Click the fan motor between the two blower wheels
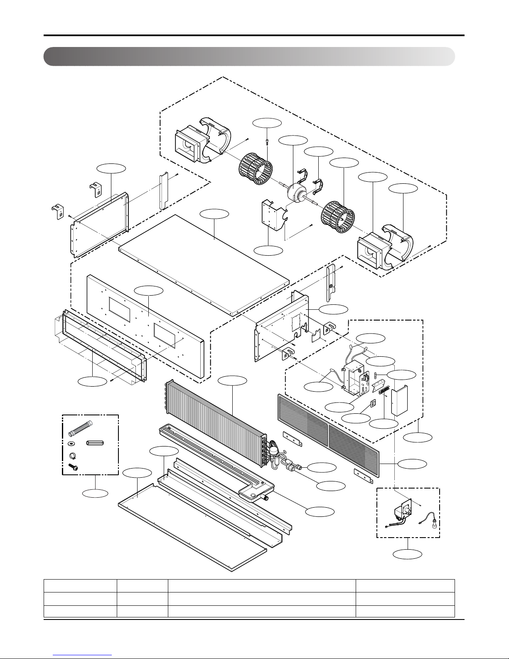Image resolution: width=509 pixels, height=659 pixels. tap(296, 193)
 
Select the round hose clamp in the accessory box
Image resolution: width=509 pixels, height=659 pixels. tap(72, 455)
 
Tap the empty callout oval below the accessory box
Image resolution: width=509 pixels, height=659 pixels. tap(95, 493)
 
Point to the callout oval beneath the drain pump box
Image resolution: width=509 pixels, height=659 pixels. tap(408, 554)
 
